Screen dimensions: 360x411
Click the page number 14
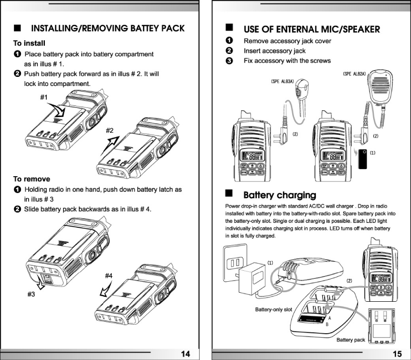pyautogui.click(x=185, y=353)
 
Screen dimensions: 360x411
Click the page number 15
pyautogui.click(x=397, y=353)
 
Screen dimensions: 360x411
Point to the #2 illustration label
pyautogui.click(x=110, y=130)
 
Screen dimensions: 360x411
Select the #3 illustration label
pyautogui.click(x=32, y=295)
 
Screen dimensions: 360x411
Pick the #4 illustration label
pyautogui.click(x=109, y=275)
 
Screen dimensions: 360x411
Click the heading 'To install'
pyautogui.click(x=29, y=43)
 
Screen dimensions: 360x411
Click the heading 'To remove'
pyautogui.click(x=32, y=179)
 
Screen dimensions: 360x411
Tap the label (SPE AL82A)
pyautogui.click(x=354, y=74)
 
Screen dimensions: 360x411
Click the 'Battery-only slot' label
pyautogui.click(x=274, y=309)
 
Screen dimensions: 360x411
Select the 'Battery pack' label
pyautogui.click(x=350, y=339)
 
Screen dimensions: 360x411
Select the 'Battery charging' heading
pyautogui.click(x=280, y=195)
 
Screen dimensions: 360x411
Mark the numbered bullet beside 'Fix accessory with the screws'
pyautogui.click(x=229, y=61)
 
